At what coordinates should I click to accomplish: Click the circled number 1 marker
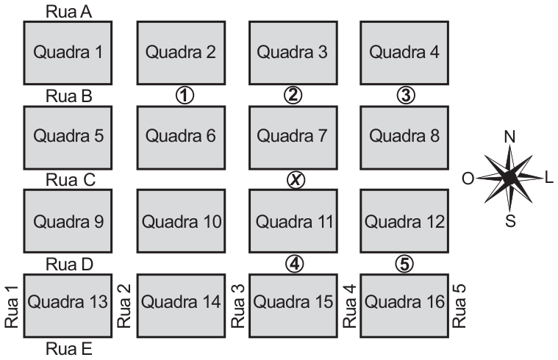pos(185,96)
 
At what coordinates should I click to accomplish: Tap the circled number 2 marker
pos(293,95)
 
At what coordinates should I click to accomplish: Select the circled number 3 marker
pos(406,95)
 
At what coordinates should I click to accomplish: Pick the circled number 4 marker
pos(295,264)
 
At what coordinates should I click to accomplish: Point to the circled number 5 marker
pos(404,264)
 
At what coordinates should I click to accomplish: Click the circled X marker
pos(296,180)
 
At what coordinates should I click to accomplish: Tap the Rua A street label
pos(68,12)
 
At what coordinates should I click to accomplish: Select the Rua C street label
pos(71,180)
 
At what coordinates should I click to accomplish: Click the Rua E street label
pos(69,349)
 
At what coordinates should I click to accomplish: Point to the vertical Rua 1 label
pos(11,306)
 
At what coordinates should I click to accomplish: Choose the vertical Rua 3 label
pos(238,306)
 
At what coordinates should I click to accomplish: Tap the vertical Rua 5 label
pos(459,306)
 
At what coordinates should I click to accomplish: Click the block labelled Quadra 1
pos(68,53)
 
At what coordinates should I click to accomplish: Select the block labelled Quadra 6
pos(181,137)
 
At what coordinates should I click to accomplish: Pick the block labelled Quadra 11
pos(293,221)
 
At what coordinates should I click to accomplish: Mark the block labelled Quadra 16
pos(404,306)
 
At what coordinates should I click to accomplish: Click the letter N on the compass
pos(509,137)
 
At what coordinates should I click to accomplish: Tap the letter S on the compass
pos(510,221)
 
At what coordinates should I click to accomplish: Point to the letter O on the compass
pos(468,179)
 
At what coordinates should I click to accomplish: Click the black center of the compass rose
pos(509,177)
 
